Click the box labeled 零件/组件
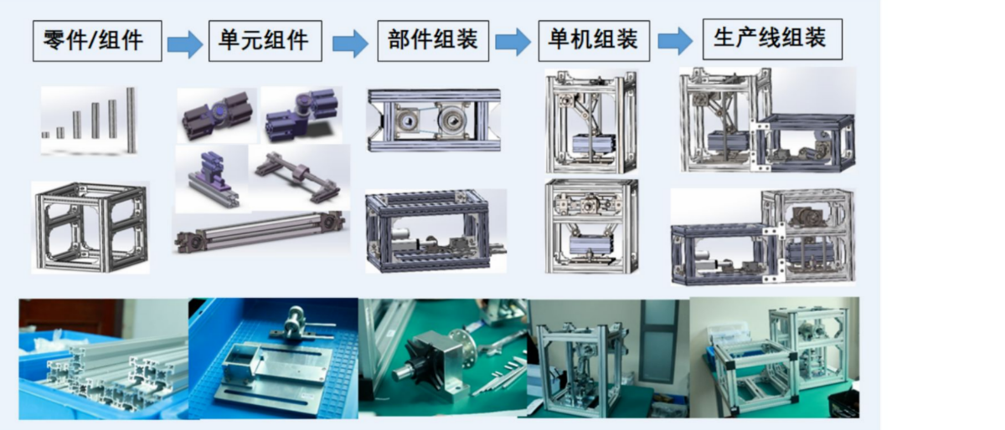point(97,41)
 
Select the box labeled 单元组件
point(265,41)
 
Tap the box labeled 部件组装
point(433,41)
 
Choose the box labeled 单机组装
point(594,41)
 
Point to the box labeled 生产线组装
point(772,39)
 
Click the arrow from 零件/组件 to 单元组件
point(185,44)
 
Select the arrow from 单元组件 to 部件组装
point(350,44)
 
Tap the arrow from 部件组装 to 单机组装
point(513,42)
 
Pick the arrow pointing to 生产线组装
point(675,41)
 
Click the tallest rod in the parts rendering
point(131,120)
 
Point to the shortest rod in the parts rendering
point(45,135)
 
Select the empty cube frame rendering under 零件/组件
point(90,227)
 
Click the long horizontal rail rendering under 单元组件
point(260,233)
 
